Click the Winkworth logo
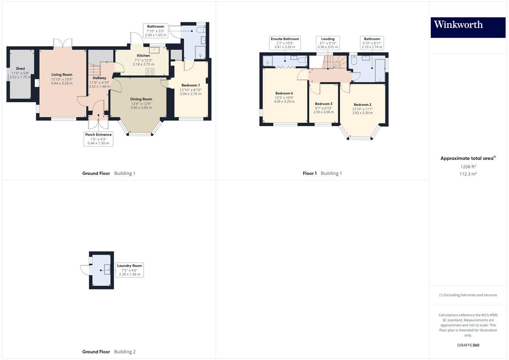click(x=468, y=27)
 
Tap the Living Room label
click(x=62, y=75)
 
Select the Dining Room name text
click(x=141, y=99)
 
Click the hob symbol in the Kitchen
click(x=150, y=72)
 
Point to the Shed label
click(x=20, y=68)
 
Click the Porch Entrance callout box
click(x=98, y=139)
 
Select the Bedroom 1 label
click(x=191, y=85)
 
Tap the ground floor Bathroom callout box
click(x=156, y=31)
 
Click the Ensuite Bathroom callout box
click(x=285, y=43)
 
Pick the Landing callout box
click(x=328, y=43)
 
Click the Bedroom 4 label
click(x=284, y=93)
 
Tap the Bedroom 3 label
click(x=324, y=104)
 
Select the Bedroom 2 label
click(x=362, y=105)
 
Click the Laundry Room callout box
click(x=129, y=270)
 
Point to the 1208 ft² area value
click(x=468, y=167)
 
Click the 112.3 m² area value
click(x=468, y=174)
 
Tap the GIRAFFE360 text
click(x=468, y=345)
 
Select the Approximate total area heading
click(x=467, y=158)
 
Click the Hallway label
click(x=99, y=78)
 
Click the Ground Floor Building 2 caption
click(x=109, y=352)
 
